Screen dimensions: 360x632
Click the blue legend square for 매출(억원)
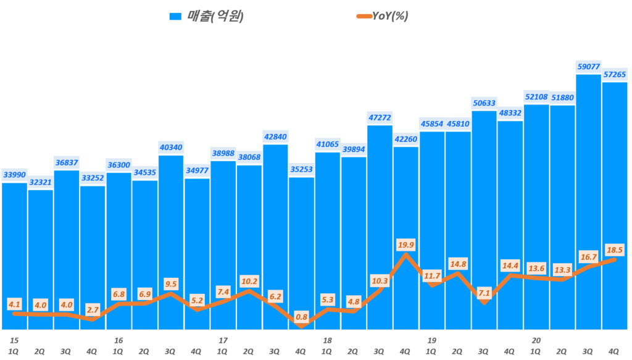pyautogui.click(x=175, y=17)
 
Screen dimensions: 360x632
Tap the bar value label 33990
pyautogui.click(x=14, y=175)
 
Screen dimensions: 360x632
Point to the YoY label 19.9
pyautogui.click(x=406, y=245)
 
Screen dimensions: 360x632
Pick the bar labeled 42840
pyautogui.click(x=275, y=235)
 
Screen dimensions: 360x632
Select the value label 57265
pyautogui.click(x=614, y=74)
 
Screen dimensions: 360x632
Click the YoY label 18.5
pyautogui.click(x=615, y=249)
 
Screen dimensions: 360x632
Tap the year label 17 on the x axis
pyautogui.click(x=223, y=340)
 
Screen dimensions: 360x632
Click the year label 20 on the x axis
pyautogui.click(x=536, y=340)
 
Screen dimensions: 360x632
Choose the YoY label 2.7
pyautogui.click(x=93, y=308)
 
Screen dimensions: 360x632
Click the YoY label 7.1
pyautogui.click(x=484, y=293)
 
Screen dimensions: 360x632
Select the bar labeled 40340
pyautogui.click(x=171, y=241)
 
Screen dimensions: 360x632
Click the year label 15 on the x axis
pyautogui.click(x=14, y=340)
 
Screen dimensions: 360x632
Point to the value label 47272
pyautogui.click(x=380, y=117)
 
